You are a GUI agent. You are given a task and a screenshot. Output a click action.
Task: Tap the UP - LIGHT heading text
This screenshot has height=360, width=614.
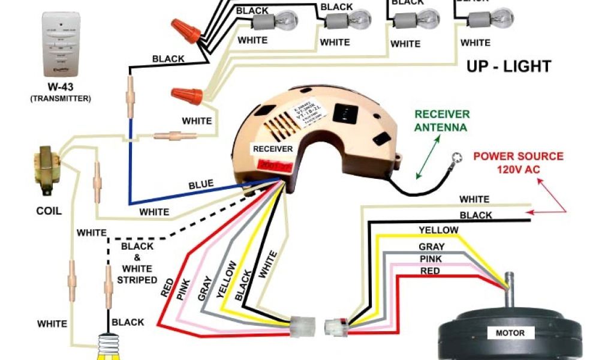coord(508,66)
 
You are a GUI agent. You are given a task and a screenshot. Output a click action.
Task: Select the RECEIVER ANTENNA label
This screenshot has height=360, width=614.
coord(443,121)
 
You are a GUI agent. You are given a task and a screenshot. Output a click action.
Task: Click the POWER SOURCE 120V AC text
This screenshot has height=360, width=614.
coord(519,163)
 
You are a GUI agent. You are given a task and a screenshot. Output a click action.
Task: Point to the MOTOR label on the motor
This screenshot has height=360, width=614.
coord(510,333)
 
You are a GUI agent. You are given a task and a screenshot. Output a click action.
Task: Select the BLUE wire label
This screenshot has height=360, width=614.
coord(201,185)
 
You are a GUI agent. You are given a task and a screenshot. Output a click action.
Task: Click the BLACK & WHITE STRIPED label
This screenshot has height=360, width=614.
coord(137,263)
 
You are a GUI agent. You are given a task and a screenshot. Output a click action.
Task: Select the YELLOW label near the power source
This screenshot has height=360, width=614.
coord(438,230)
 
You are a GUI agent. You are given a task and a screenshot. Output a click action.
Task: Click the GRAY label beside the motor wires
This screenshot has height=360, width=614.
coord(432,247)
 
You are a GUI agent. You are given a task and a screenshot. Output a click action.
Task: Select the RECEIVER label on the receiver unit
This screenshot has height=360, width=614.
coord(272,149)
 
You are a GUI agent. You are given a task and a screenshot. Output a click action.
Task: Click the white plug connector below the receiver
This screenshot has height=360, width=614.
coord(303,328)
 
